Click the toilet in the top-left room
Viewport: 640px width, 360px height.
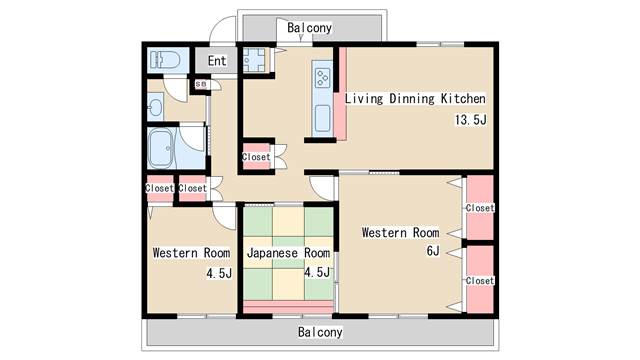point(165,60)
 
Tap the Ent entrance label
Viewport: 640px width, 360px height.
point(217,61)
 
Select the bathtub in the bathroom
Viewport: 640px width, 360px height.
point(160,149)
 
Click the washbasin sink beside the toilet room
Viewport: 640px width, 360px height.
point(156,107)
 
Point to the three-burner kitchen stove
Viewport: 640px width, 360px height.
point(323,77)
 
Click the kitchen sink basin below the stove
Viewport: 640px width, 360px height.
point(322,118)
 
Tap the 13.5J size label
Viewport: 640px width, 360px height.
point(471,120)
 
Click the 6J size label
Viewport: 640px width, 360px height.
point(433,250)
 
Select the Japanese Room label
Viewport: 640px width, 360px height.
point(288,253)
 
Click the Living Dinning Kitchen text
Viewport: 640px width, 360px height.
point(415,98)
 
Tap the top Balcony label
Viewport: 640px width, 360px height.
point(309,28)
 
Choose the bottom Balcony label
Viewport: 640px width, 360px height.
point(320,332)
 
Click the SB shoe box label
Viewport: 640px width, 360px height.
point(200,84)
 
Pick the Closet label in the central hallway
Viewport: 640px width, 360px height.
point(256,157)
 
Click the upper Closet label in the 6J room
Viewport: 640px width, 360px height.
point(480,208)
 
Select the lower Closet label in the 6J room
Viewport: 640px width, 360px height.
point(480,280)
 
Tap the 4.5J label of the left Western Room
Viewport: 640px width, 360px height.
point(219,273)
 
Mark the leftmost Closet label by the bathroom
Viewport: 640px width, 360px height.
point(160,188)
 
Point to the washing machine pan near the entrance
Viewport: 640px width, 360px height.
point(254,60)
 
